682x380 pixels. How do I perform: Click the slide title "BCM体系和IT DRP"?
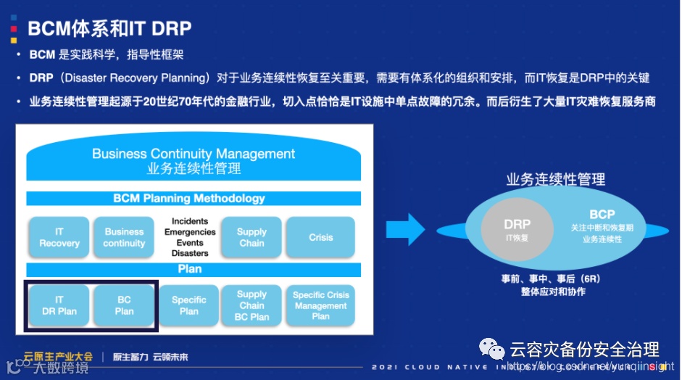pyautogui.click(x=109, y=28)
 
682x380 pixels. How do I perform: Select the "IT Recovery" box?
pyautogui.click(x=59, y=237)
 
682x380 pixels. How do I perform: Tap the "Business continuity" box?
pyautogui.click(x=124, y=237)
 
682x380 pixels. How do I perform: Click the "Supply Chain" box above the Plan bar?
pyautogui.click(x=251, y=237)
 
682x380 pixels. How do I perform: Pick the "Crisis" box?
pyautogui.click(x=320, y=237)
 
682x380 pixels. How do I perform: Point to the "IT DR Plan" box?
pyautogui.click(x=59, y=305)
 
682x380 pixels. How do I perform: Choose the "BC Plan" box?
pyautogui.click(x=124, y=305)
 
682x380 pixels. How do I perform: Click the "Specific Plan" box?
pyautogui.click(x=189, y=305)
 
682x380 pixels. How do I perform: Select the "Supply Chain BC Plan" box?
pyautogui.click(x=251, y=305)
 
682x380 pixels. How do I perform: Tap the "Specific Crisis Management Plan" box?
pyautogui.click(x=320, y=305)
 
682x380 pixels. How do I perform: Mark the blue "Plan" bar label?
pyautogui.click(x=190, y=269)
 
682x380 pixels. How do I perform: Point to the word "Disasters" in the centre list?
pyautogui.click(x=190, y=253)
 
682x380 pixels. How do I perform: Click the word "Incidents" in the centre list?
pyautogui.click(x=190, y=221)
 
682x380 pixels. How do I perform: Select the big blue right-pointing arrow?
pyautogui.click(x=415, y=229)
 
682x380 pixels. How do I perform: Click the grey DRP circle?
pyautogui.click(x=517, y=229)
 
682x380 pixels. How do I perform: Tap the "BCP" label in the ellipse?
pyautogui.click(x=602, y=215)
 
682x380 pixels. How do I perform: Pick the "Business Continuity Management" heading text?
pyautogui.click(x=194, y=154)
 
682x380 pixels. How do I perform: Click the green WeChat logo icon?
pyautogui.click(x=494, y=350)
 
